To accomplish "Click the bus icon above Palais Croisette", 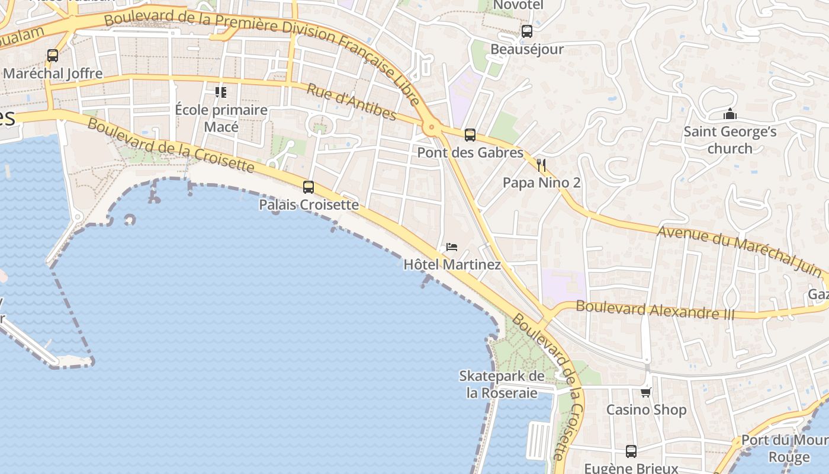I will point(308,187).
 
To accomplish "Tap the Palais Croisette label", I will point(309,204).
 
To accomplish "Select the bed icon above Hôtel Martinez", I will point(452,247).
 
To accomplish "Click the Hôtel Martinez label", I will point(452,264).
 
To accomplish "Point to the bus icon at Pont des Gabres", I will point(470,135).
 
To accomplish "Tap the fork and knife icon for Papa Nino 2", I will point(541,165).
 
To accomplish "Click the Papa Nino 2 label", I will point(541,182).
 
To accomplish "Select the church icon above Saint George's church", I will point(730,114).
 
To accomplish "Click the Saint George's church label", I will point(730,139).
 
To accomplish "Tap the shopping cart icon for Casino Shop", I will point(646,392).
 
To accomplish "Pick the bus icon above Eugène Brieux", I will point(631,451).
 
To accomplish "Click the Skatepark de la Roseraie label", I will point(502,384).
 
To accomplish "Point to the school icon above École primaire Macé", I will point(221,92).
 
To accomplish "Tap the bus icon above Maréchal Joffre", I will point(53,56).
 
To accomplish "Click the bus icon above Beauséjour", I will point(526,31).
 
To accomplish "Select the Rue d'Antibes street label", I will point(351,102).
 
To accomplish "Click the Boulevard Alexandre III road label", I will point(655,309).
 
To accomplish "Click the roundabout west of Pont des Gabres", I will point(431,127).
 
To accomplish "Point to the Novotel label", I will point(518,5).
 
